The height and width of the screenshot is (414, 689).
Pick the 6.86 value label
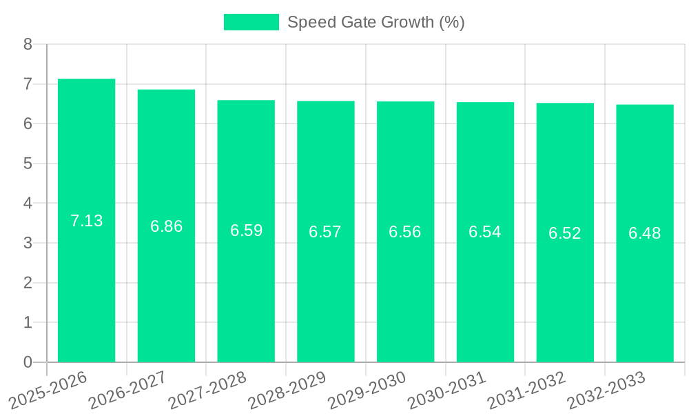pos(166,226)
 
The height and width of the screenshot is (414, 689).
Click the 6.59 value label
pos(246,230)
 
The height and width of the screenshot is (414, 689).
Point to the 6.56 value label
pos(405,232)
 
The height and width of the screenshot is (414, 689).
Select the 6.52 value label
pos(565,233)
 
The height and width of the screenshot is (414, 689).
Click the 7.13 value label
pos(86,221)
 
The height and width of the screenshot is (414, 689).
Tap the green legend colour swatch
pos(251,22)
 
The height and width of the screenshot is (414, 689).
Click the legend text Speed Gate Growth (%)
pos(376,22)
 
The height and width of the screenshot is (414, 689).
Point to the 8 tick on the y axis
pos(28,44)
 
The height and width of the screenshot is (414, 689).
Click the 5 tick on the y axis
pos(28,164)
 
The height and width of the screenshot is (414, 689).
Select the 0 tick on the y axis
pos(28,362)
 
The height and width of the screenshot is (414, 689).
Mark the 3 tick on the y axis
pos(28,243)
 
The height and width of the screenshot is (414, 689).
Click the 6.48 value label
pos(645,233)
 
